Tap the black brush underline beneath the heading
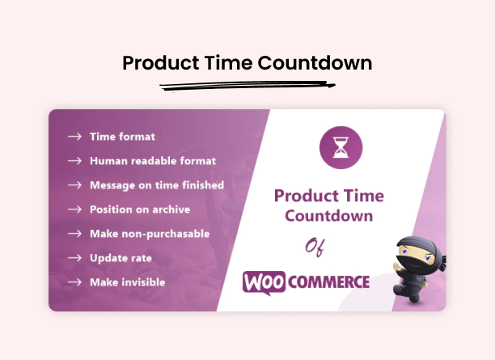(x=247, y=85)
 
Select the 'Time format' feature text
(x=122, y=137)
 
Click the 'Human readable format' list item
(x=153, y=161)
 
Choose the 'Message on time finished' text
(x=157, y=185)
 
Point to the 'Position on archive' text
(x=140, y=210)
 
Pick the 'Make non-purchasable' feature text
(x=150, y=234)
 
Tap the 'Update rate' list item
(x=121, y=258)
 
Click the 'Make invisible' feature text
(x=127, y=282)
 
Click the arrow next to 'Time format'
(x=74, y=137)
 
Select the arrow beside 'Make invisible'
(x=74, y=282)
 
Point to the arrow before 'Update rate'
(x=74, y=258)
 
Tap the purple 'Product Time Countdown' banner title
(x=328, y=205)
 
